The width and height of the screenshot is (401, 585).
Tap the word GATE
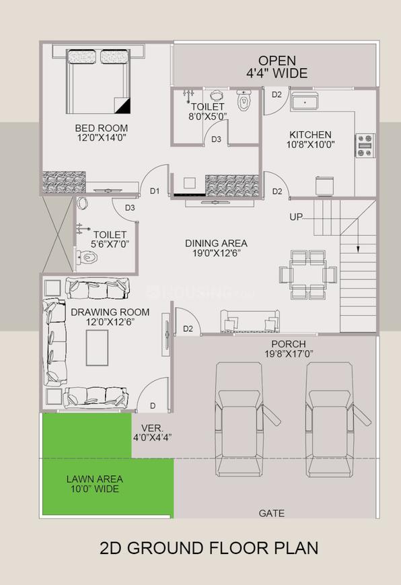pyautogui.click(x=271, y=513)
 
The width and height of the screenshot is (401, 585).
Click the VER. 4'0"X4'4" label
pyautogui.click(x=152, y=432)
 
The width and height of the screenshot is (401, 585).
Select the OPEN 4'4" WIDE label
pyautogui.click(x=277, y=66)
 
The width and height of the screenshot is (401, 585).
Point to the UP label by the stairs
pyautogui.click(x=296, y=217)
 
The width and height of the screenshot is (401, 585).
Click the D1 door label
pyautogui.click(x=155, y=191)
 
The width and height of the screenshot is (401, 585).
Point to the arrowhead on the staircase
pyautogui.click(x=358, y=248)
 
